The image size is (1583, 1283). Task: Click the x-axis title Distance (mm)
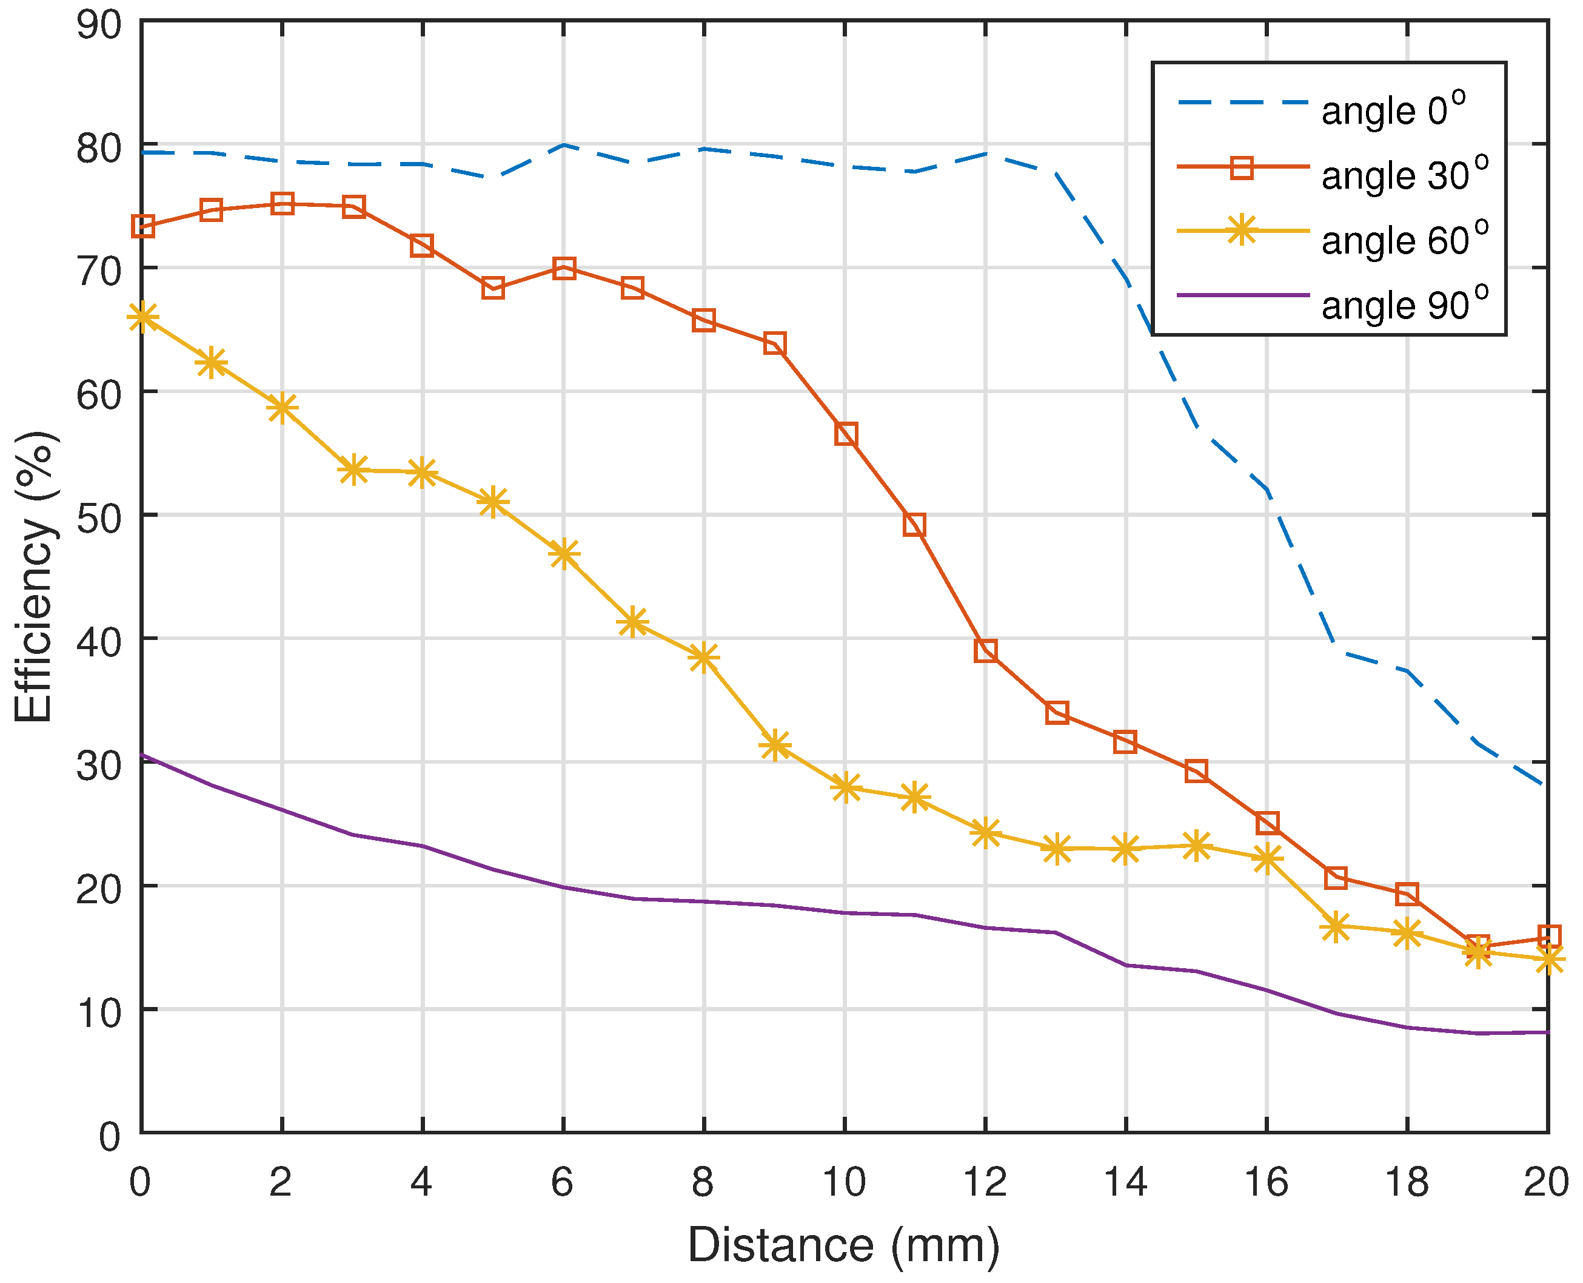pos(843,1245)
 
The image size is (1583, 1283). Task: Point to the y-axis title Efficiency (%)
pos(35,576)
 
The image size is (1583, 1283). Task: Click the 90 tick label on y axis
pos(98,24)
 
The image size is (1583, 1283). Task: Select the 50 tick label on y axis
pos(98,518)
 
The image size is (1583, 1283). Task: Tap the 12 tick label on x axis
pos(985,1182)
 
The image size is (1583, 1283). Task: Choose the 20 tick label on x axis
pos(1546,1182)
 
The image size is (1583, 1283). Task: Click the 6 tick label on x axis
pos(562,1182)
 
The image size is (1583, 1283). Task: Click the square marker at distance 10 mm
pos(845,434)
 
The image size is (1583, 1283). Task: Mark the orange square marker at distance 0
pos(142,226)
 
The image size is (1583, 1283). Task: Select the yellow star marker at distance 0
pos(142,318)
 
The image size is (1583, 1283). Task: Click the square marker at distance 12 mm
pos(985,650)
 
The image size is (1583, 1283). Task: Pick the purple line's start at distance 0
pos(142,755)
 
